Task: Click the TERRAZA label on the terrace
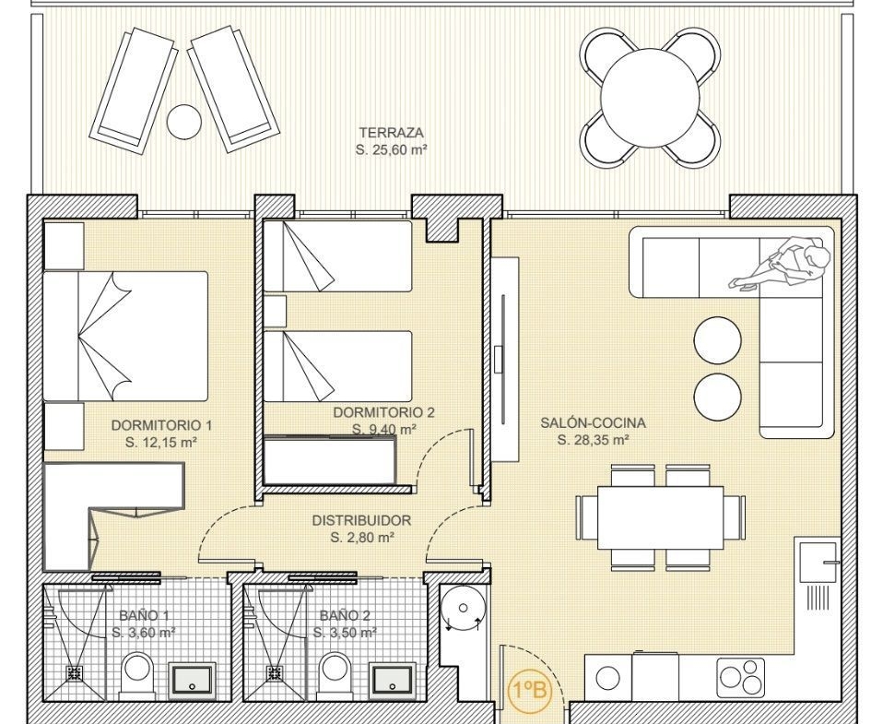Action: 391,133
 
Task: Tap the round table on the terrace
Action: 650,98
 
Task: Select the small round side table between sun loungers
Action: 184,123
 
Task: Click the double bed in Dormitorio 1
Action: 125,336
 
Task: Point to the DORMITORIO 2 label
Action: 383,412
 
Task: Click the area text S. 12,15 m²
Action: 161,443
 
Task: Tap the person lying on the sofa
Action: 781,263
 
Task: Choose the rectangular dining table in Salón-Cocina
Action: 661,517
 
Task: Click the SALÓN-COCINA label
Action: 594,422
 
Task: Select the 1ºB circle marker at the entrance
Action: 531,691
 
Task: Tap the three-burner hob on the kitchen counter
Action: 740,677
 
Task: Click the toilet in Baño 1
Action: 136,676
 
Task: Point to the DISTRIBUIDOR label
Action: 361,521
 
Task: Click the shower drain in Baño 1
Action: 75,673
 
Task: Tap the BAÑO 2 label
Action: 345,616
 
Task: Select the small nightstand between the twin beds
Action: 275,311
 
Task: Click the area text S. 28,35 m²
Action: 594,440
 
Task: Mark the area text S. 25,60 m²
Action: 391,149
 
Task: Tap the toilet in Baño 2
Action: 337,676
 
